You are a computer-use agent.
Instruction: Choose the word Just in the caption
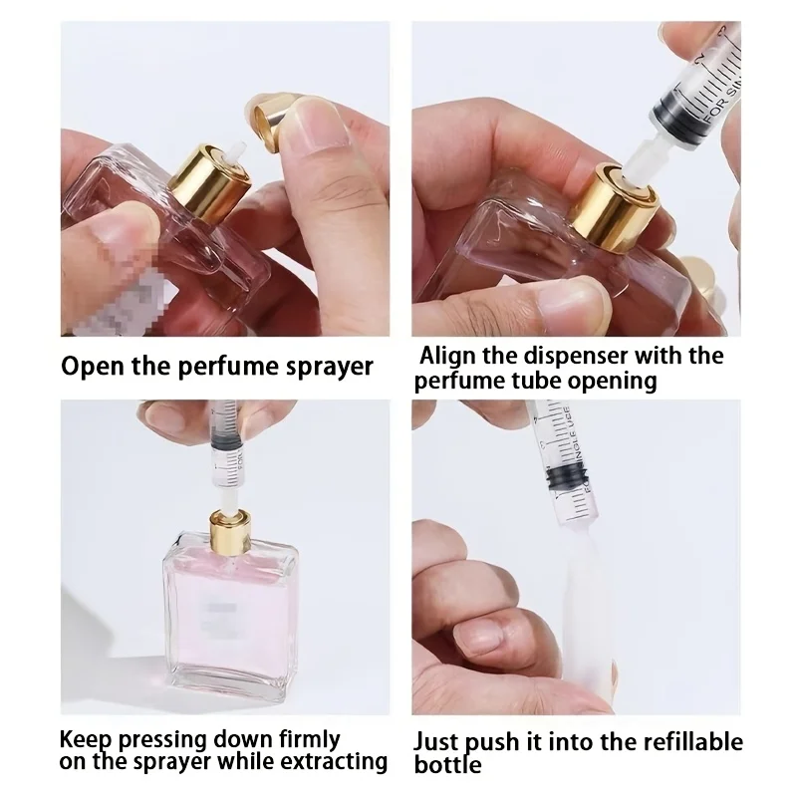pos(439,742)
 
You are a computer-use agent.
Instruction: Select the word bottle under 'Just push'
pos(448,765)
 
